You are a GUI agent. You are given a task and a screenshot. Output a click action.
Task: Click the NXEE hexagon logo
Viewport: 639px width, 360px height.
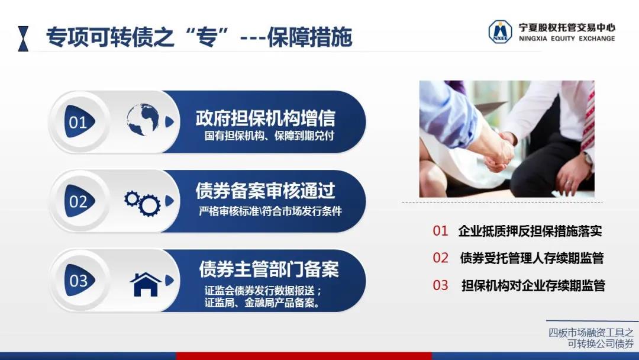(x=500, y=31)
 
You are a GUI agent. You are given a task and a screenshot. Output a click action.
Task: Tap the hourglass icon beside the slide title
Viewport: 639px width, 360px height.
(x=23, y=38)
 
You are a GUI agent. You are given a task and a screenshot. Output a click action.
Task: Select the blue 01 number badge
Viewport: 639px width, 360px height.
(x=79, y=121)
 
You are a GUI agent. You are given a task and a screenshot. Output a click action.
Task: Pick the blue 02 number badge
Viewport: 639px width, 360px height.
(x=79, y=201)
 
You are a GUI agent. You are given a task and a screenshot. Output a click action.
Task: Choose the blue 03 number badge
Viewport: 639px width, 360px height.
(x=79, y=280)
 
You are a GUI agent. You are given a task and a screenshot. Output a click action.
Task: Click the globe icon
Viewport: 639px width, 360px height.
(x=143, y=120)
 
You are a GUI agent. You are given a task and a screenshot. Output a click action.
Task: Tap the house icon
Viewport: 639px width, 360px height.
(x=146, y=284)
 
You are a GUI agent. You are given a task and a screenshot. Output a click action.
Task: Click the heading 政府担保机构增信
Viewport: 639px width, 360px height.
(x=265, y=118)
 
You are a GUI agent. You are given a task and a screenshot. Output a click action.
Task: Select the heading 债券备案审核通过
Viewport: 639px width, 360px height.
(x=265, y=191)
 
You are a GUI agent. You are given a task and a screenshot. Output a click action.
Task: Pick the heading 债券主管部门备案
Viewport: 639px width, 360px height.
(x=269, y=269)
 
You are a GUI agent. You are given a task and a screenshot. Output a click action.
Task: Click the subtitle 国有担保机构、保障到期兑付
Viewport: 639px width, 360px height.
(x=269, y=136)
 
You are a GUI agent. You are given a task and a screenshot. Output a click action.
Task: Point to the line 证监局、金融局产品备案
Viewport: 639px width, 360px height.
(x=263, y=303)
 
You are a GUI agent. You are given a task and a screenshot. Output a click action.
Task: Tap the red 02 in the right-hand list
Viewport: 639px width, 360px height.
(x=441, y=258)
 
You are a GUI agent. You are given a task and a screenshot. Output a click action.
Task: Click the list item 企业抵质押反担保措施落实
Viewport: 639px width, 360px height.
(x=530, y=231)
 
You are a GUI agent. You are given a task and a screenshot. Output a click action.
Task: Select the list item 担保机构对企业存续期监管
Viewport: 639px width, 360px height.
(x=533, y=285)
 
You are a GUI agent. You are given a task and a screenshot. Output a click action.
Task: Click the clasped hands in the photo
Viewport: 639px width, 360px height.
(x=499, y=151)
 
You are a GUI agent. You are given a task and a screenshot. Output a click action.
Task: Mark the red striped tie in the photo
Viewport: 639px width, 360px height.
(x=588, y=118)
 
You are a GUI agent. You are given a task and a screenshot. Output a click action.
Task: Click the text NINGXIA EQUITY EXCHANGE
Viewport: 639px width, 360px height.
(x=567, y=38)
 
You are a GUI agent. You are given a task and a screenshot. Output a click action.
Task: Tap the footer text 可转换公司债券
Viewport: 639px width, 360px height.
(x=601, y=343)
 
